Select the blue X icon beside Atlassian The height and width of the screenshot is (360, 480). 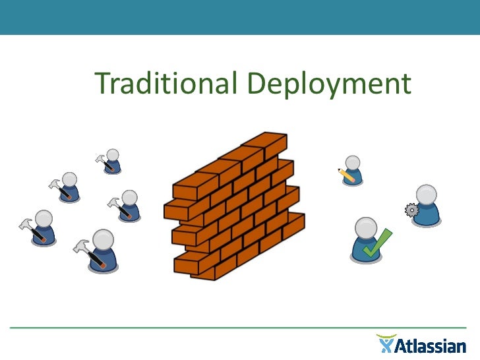tap(386, 344)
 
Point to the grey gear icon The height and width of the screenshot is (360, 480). tap(412, 210)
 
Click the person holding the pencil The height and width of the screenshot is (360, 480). tap(353, 170)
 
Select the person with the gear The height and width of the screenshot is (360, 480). tap(427, 205)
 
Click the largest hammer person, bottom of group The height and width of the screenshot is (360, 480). tap(102, 250)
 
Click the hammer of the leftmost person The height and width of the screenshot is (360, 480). tap(29, 227)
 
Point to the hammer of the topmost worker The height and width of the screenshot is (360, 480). tap(102, 160)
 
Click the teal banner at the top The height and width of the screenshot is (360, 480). tap(240, 16)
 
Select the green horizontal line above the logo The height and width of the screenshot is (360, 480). tap(240, 328)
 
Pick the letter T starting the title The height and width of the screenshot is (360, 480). tap(103, 84)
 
